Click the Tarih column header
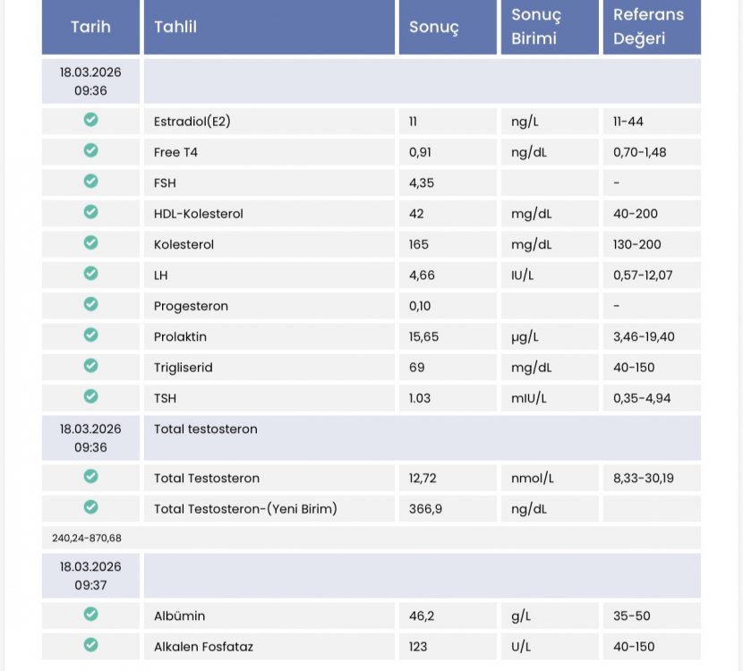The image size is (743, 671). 90,27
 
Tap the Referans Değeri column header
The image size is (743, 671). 648,27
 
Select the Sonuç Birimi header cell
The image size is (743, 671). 536,27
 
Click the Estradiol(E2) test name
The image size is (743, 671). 192,122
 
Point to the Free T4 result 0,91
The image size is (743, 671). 420,152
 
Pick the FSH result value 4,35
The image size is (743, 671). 422,183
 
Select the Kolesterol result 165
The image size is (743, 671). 419,244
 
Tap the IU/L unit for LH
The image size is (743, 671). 524,276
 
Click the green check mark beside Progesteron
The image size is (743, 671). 90,304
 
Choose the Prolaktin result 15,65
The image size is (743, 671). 423,336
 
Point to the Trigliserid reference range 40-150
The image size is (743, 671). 634,368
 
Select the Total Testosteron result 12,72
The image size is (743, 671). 423,479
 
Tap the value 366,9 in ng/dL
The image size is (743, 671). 424,509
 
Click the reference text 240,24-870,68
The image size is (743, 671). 87,538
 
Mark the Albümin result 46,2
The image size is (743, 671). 421,616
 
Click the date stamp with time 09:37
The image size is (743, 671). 90,575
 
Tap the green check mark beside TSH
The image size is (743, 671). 90,396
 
